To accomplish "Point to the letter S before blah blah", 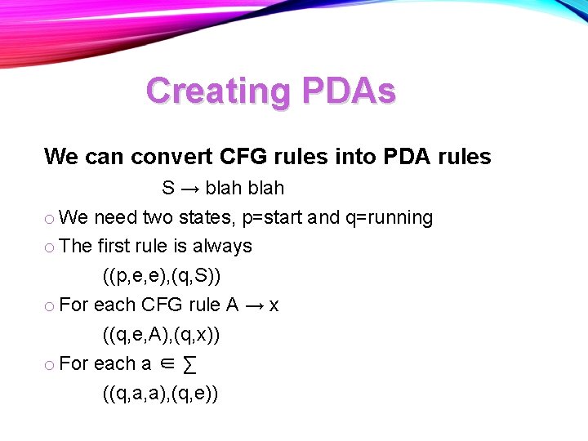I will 168,189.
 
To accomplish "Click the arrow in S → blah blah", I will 189,189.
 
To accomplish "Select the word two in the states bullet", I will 158,218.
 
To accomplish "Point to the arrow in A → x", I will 254,305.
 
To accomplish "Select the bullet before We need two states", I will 50,219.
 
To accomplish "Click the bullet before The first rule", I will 50,247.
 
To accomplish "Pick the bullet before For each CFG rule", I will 50,306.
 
